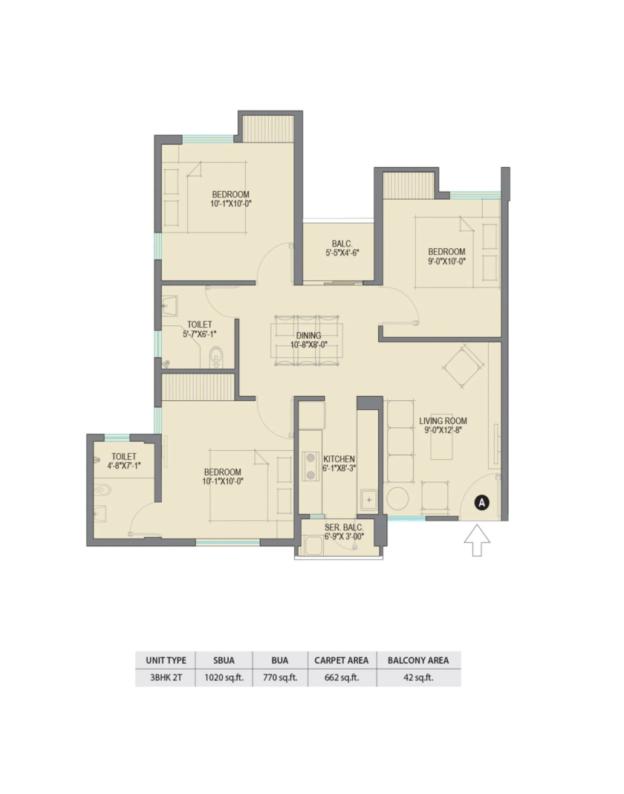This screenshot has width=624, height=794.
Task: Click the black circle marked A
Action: [x=481, y=503]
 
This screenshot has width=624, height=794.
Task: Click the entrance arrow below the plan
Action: [x=477, y=540]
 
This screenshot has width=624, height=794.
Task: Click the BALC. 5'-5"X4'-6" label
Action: [x=342, y=248]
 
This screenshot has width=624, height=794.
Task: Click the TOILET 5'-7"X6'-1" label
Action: [x=200, y=329]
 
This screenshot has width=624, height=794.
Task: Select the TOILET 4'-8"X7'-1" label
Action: [x=123, y=461]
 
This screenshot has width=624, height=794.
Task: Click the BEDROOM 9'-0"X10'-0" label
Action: [x=446, y=256]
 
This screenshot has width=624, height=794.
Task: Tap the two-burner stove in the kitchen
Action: [x=310, y=466]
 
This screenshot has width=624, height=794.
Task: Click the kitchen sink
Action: [x=368, y=500]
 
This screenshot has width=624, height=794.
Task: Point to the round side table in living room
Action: [x=397, y=499]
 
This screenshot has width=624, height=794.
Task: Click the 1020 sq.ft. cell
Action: [x=224, y=677]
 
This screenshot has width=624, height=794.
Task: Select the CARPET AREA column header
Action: [x=342, y=660]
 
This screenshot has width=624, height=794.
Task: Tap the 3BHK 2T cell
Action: [x=166, y=677]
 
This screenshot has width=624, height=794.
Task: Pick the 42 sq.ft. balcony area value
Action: [x=418, y=677]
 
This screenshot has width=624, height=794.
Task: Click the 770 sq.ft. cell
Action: [x=280, y=677]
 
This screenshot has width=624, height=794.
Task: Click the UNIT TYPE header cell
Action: [x=166, y=660]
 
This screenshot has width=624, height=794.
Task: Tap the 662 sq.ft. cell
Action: [x=342, y=677]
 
